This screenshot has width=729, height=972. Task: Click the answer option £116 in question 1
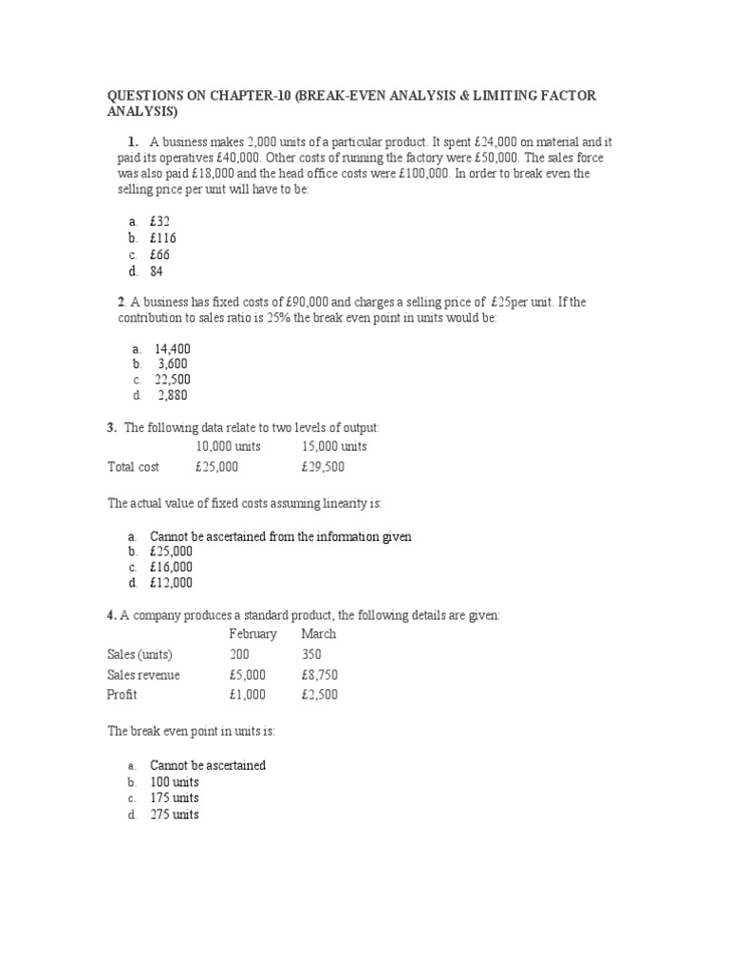click(163, 238)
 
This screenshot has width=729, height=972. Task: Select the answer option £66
click(160, 254)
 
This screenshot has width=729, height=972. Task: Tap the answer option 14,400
click(173, 348)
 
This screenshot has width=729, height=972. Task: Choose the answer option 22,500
click(173, 380)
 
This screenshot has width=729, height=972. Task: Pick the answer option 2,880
click(174, 396)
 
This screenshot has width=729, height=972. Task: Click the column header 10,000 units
click(229, 446)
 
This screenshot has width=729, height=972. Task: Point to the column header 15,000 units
click(334, 446)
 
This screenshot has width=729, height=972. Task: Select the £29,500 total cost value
click(323, 467)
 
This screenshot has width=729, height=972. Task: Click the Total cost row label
click(134, 467)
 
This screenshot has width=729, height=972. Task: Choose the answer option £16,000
click(171, 567)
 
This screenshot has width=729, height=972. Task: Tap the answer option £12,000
click(171, 583)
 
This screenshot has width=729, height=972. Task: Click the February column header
click(253, 633)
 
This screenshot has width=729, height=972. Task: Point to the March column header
click(319, 633)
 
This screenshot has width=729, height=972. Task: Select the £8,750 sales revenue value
click(319, 675)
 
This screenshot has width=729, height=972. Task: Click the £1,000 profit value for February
click(248, 695)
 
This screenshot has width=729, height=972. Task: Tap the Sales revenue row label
click(143, 675)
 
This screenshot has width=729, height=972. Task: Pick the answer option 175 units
click(175, 798)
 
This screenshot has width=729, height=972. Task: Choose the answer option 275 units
click(175, 814)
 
